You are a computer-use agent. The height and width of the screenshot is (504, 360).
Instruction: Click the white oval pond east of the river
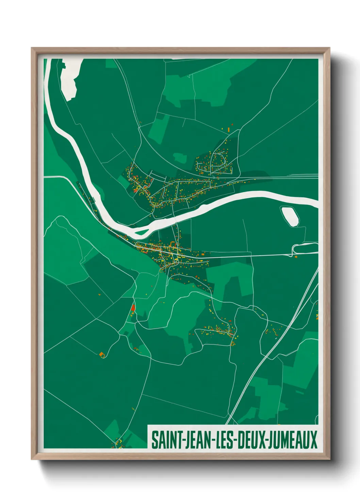click(290, 216)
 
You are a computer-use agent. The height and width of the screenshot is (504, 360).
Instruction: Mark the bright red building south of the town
click(133, 308)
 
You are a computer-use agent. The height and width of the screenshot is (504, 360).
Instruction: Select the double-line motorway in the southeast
click(272, 351)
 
